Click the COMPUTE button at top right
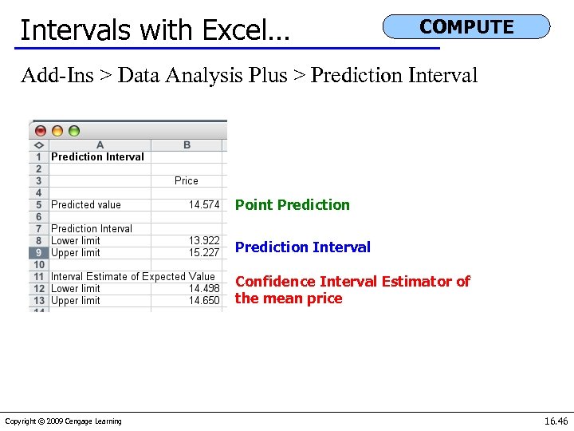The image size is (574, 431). tap(466, 26)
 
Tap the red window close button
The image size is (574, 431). tap(40, 131)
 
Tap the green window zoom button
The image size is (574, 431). tap(74, 131)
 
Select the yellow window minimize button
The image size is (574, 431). tap(57, 131)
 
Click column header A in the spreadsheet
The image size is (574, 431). tap(100, 144)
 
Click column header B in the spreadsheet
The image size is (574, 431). tap(187, 144)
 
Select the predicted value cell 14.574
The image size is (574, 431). tap(203, 204)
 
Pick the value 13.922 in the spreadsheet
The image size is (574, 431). tap(203, 240)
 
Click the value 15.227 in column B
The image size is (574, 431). tap(203, 252)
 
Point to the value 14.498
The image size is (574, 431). tap(203, 288)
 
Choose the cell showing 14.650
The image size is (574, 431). tap(203, 300)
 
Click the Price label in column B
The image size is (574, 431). tap(187, 180)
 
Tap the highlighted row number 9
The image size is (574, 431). tap(38, 252)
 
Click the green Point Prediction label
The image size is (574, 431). tap(292, 204)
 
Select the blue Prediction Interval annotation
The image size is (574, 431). tap(302, 247)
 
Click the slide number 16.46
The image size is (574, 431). tap(556, 421)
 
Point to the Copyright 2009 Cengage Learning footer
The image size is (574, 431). tap(63, 421)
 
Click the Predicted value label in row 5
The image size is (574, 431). tap(86, 204)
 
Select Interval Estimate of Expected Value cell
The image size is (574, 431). tap(133, 276)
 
